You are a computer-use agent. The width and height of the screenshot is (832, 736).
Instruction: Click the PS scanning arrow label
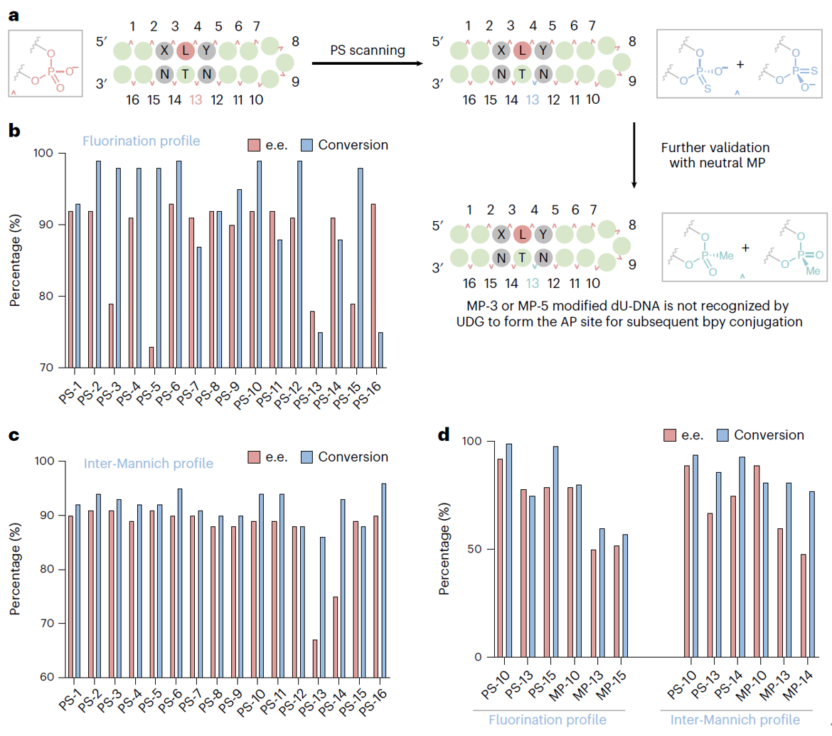coord(367,51)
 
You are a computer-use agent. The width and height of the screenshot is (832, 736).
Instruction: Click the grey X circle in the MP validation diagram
coord(501,233)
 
